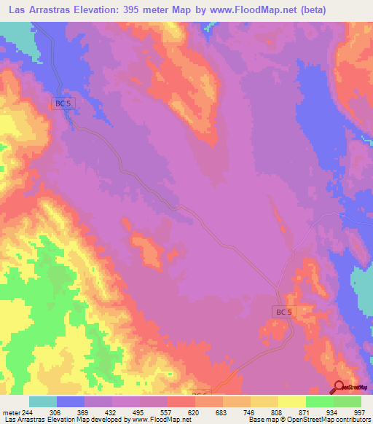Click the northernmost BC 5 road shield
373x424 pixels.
(63, 103)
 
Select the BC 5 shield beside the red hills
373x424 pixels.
(284, 312)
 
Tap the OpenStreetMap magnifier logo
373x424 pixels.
(339, 387)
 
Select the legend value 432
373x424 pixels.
(126, 412)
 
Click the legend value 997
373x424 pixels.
(361, 412)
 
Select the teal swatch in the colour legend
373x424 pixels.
(43, 401)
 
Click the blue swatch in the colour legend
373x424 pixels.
(71, 401)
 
